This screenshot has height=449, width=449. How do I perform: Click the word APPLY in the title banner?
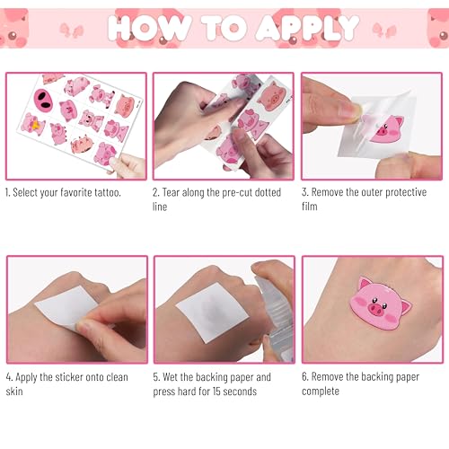coord(308,28)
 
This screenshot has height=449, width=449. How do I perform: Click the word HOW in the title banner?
coord(149,28)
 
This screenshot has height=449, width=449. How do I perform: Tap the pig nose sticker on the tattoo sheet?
coord(43,100)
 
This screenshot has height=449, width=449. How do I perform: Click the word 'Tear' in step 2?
coord(171,192)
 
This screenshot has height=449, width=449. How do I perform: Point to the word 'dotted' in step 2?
coord(268,192)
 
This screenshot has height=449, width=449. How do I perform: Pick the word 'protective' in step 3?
coord(406,192)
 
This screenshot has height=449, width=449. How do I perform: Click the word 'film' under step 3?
coord(310,207)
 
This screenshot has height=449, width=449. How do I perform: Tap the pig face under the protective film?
coord(387,130)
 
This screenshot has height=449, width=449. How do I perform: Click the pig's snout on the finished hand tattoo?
coord(376,309)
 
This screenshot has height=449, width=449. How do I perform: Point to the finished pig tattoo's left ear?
coord(365,284)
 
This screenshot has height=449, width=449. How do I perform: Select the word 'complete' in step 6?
coord(321,392)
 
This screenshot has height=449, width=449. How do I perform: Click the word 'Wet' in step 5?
coord(171,377)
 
